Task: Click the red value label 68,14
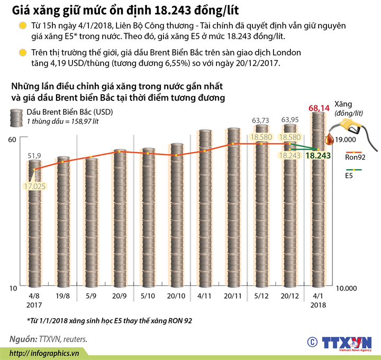pyautogui.click(x=319, y=108)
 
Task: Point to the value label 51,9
pyautogui.click(x=34, y=155)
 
